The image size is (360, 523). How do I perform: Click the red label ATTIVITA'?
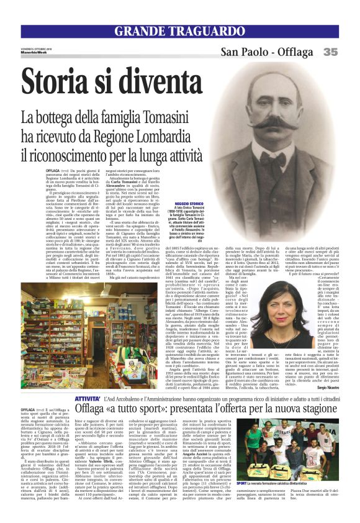(x=88, y=398)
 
